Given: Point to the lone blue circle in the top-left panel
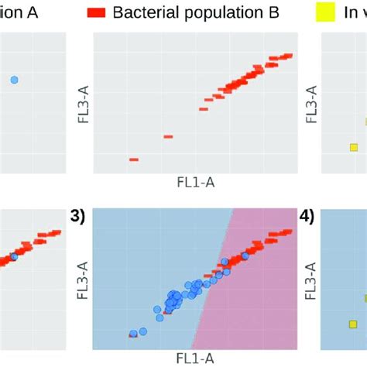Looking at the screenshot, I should (14, 79).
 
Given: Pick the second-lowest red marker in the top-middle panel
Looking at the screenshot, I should (168, 137).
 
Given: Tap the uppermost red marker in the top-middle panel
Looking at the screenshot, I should (287, 56).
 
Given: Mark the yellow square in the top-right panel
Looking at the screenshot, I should (354, 147).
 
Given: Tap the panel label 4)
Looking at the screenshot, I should (308, 218).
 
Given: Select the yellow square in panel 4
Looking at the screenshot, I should (354, 324).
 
